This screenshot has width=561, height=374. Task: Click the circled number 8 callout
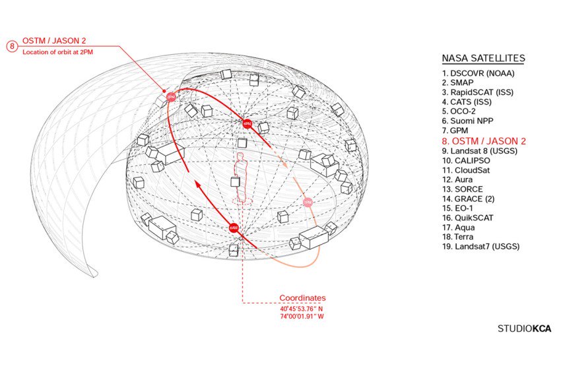11,46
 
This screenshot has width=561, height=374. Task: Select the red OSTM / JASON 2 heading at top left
54,41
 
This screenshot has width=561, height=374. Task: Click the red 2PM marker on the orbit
170,96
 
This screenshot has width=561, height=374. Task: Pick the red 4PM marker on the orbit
247,123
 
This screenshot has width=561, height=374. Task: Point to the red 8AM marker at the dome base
233,228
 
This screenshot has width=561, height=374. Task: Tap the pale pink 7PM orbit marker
308,202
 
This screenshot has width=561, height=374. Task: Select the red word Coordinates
302,298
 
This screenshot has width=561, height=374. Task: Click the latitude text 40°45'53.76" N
302,308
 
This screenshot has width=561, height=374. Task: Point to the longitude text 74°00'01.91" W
302,317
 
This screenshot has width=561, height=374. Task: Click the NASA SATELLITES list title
483,59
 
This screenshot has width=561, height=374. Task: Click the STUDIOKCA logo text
524,328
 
